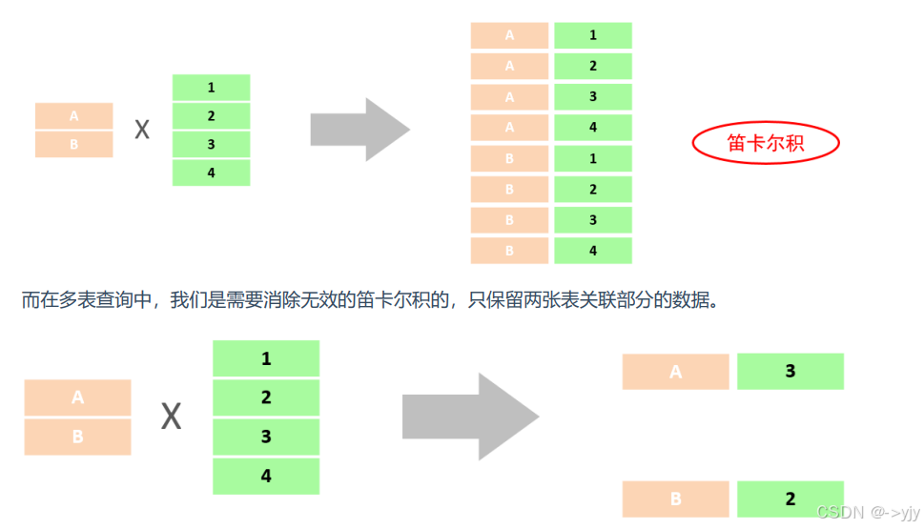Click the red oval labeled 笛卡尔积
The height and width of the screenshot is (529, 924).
pos(765,143)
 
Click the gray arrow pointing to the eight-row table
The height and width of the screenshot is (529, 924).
pos(359,129)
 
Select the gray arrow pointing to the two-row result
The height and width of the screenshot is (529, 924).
pos(469,417)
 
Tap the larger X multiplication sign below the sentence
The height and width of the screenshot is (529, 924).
pos(171,417)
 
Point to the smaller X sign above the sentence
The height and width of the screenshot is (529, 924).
pos(142,130)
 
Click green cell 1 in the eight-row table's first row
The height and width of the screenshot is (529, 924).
pos(593,35)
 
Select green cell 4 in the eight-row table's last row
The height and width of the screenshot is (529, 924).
pos(593,251)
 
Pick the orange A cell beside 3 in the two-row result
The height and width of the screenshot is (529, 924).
pos(675,372)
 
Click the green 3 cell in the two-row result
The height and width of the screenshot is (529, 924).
pos(791,372)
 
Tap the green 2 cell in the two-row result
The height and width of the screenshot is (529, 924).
pos(791,498)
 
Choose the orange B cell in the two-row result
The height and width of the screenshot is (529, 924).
pos(675,498)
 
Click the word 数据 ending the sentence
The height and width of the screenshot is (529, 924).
pos(693,300)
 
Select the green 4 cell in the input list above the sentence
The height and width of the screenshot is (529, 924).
pos(211,173)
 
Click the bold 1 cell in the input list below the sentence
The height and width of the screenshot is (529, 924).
pos(266,358)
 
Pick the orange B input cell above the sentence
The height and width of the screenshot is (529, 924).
pos(74,145)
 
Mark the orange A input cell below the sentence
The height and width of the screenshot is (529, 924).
pos(77,397)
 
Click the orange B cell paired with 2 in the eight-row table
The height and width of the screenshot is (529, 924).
pos(509,190)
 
